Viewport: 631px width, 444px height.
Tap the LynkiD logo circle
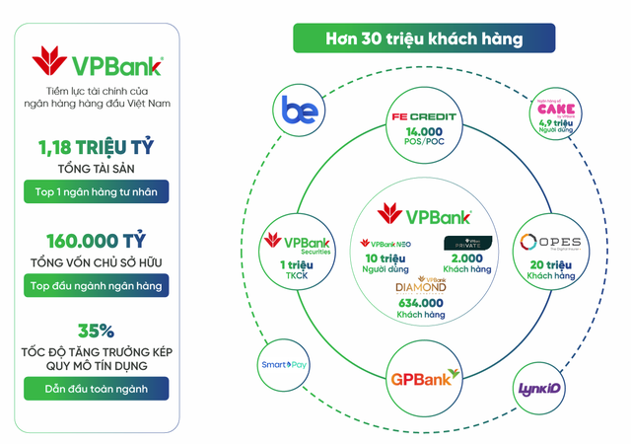coord(539,388)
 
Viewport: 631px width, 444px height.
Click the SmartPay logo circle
coord(289,365)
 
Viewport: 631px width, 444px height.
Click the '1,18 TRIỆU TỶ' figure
coord(97,149)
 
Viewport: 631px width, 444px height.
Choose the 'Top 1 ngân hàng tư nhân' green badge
coord(97,191)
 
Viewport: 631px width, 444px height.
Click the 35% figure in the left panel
coord(97,332)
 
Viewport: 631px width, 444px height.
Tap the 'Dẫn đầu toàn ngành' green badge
coord(97,388)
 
